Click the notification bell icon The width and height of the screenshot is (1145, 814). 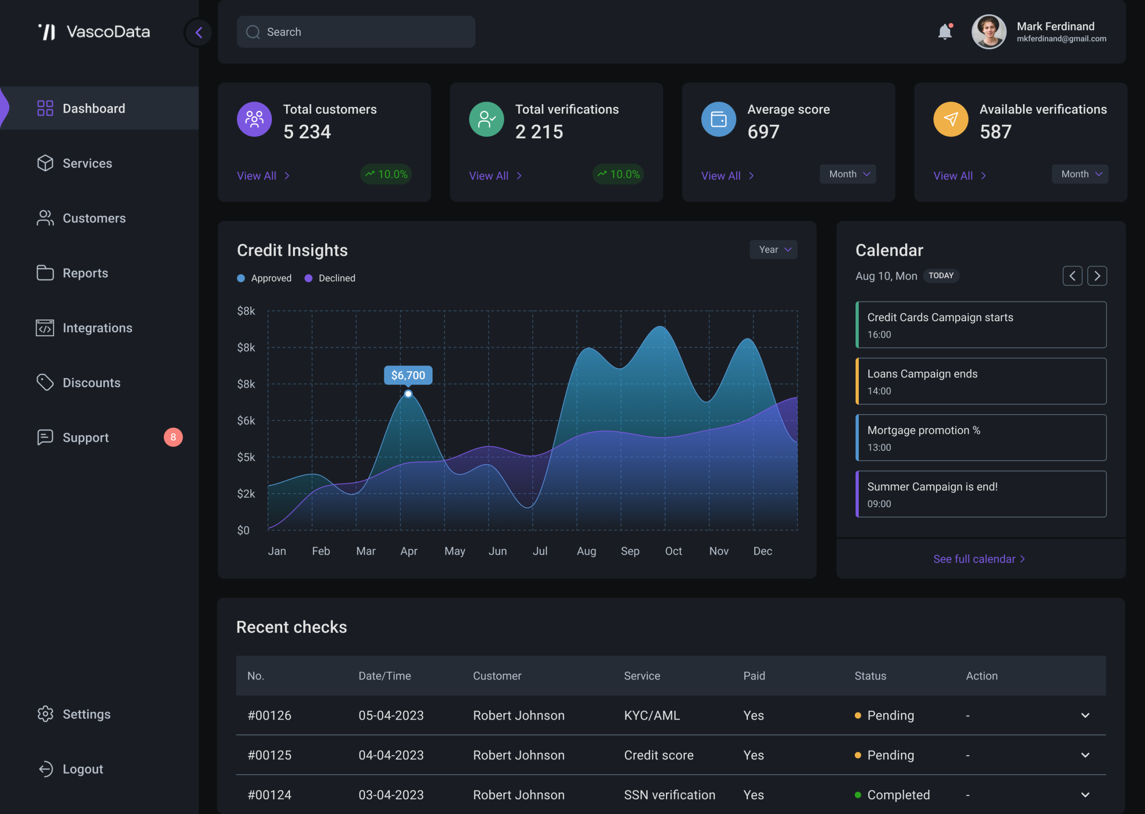point(945,32)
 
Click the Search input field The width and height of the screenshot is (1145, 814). point(356,32)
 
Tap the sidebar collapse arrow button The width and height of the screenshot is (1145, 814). point(199,33)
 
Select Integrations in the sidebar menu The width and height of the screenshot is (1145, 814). point(84,328)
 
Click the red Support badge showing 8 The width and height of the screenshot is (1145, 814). point(173,437)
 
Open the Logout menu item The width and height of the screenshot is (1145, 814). point(71,769)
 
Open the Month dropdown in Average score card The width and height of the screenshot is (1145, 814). point(848,174)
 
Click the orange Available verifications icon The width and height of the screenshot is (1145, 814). point(950,119)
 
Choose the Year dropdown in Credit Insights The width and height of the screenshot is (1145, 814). point(773,250)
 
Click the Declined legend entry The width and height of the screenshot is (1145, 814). point(330,278)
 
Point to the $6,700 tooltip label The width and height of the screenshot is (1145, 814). point(408,375)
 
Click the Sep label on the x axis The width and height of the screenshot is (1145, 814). point(630,551)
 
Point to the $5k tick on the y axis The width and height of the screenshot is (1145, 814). point(246,457)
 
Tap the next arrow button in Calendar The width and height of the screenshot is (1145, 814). point(1097,276)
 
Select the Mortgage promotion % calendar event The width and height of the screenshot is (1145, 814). point(981,437)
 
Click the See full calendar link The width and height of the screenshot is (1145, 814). point(979,559)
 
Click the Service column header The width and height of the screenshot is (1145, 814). point(642,676)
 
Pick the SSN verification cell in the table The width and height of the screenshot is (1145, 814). point(670,795)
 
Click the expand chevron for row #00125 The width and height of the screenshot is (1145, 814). point(1085,755)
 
